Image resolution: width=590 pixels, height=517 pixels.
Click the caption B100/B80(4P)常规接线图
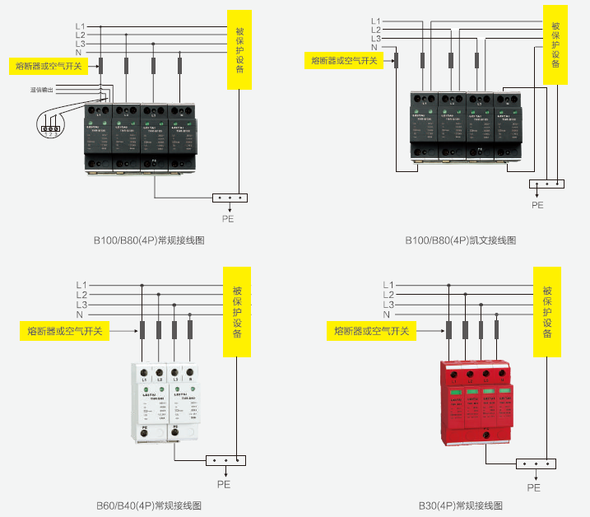[147, 241]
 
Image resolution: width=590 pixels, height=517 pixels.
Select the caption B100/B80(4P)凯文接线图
[460, 241]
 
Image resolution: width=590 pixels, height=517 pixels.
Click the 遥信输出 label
[41, 89]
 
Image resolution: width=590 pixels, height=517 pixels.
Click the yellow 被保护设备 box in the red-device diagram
[546, 311]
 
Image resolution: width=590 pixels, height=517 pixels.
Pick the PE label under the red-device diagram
[534, 487]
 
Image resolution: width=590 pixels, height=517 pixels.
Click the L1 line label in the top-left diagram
[80, 26]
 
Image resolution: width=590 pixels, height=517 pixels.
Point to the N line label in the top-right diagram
[376, 48]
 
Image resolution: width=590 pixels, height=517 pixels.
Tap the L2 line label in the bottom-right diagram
[389, 294]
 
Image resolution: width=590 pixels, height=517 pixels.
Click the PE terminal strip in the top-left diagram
[228, 198]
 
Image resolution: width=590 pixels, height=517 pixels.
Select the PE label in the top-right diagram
[537, 204]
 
